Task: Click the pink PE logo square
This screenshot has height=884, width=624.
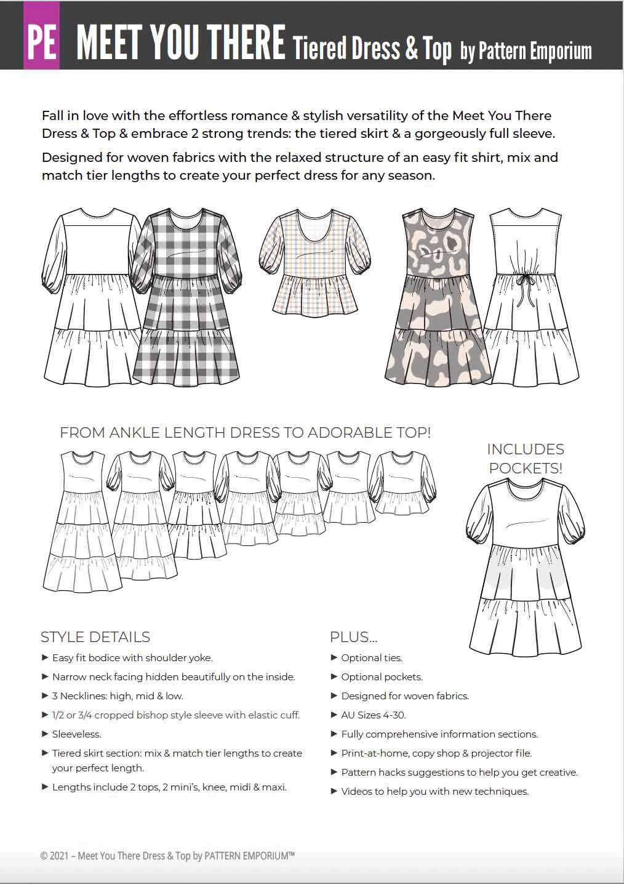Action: click(x=41, y=36)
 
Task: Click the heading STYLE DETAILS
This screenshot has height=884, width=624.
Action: click(x=95, y=637)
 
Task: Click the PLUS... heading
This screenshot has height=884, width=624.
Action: click(x=353, y=637)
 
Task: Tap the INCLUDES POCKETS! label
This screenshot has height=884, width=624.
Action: click(x=526, y=459)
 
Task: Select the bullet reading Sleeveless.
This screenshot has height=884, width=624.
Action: click(x=76, y=734)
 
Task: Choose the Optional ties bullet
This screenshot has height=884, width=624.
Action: click(x=372, y=657)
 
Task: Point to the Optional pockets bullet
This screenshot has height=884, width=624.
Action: click(x=382, y=677)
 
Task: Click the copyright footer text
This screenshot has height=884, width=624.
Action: click(x=167, y=856)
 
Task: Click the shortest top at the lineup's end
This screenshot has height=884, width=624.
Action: click(x=403, y=483)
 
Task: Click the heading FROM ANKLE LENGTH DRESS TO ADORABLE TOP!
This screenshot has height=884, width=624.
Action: click(x=245, y=433)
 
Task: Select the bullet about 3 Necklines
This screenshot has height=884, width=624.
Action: click(x=118, y=696)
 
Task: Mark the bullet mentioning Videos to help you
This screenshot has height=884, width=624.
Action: click(x=434, y=791)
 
